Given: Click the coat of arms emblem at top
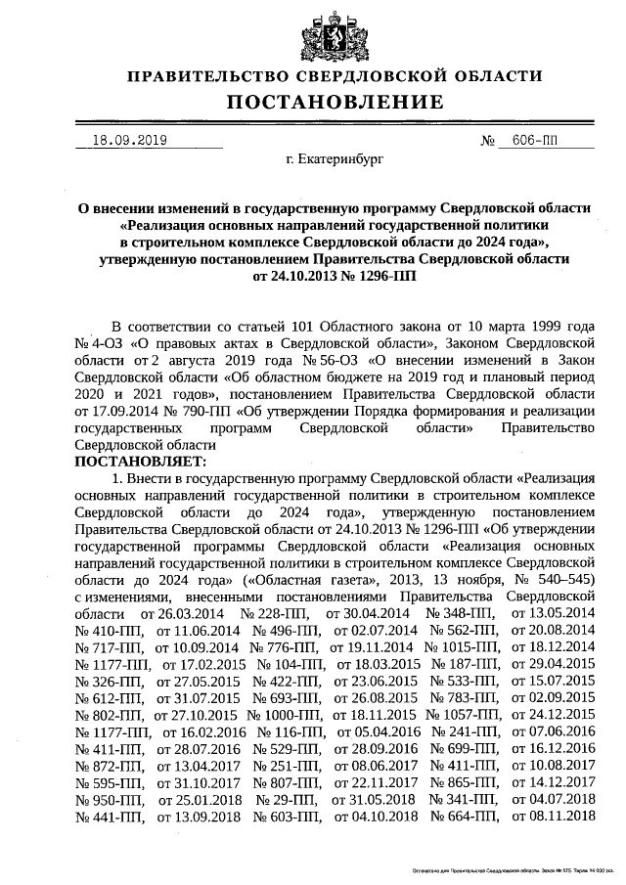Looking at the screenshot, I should (336, 37).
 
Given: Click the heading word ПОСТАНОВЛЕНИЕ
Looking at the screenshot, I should (336, 102).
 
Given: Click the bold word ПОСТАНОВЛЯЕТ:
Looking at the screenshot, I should (140, 460).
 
